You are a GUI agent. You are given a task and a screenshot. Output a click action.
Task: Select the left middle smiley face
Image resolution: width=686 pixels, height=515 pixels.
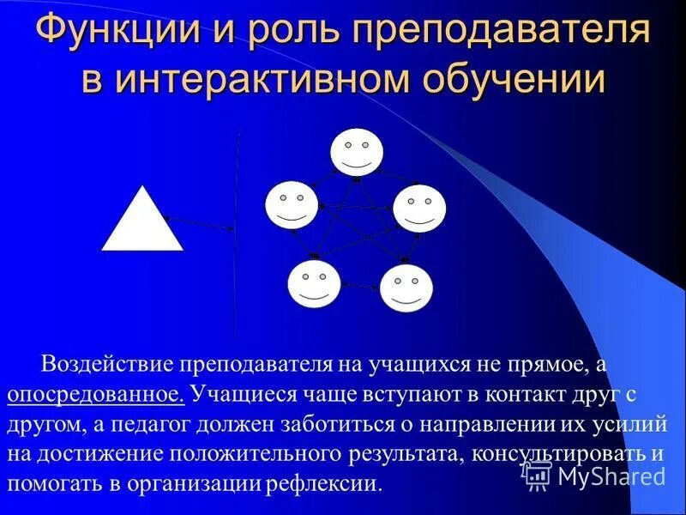click(x=292, y=206)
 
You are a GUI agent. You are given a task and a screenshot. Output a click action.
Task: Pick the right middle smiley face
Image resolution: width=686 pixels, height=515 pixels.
click(x=419, y=208)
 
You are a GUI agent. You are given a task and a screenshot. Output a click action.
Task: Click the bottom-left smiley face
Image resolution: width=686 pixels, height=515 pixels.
click(x=314, y=284)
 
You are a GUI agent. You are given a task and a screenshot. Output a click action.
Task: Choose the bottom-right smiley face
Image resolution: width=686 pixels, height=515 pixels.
click(x=406, y=288)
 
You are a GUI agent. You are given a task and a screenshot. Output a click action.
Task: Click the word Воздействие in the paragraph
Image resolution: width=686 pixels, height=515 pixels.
click(x=105, y=364)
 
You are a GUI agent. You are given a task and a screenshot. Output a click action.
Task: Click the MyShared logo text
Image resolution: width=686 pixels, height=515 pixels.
click(x=609, y=476)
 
